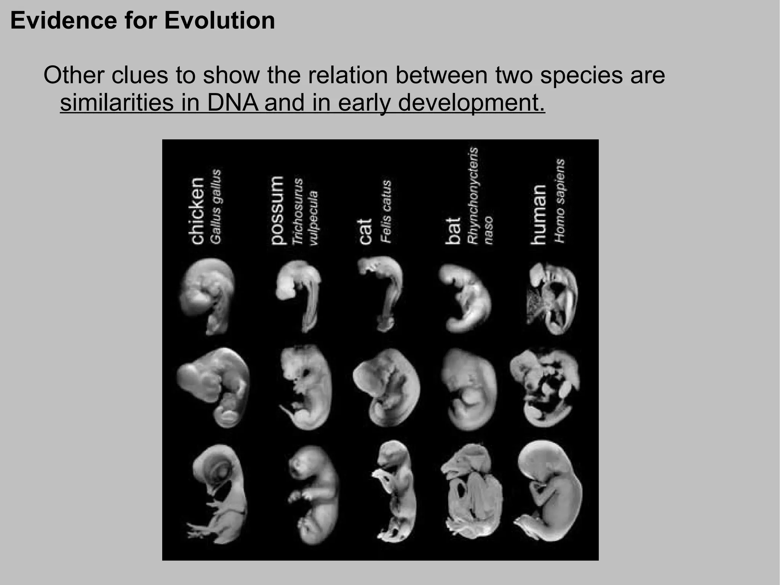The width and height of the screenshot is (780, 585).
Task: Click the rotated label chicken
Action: pyautogui.click(x=197, y=211)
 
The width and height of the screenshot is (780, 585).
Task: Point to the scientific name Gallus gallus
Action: pyautogui.click(x=216, y=207)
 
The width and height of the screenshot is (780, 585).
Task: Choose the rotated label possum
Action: pyautogui.click(x=277, y=210)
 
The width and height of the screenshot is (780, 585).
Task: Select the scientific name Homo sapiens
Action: pyautogui.click(x=559, y=201)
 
